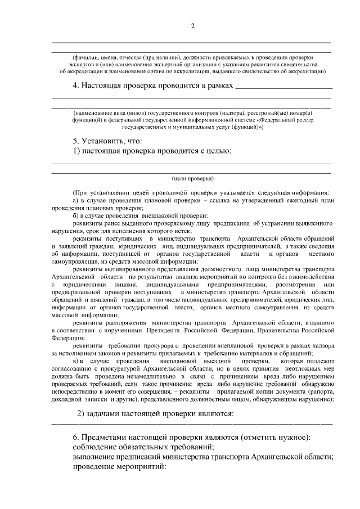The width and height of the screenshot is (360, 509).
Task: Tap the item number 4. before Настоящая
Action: point(76,87)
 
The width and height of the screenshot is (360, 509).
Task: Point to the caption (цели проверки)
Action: point(192,178)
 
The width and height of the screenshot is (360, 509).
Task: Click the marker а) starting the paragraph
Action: point(76,200)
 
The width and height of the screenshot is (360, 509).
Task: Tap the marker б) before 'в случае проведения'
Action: point(76,215)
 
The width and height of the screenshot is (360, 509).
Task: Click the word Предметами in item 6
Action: point(107,438)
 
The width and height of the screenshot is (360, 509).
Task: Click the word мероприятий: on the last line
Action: point(138,467)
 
